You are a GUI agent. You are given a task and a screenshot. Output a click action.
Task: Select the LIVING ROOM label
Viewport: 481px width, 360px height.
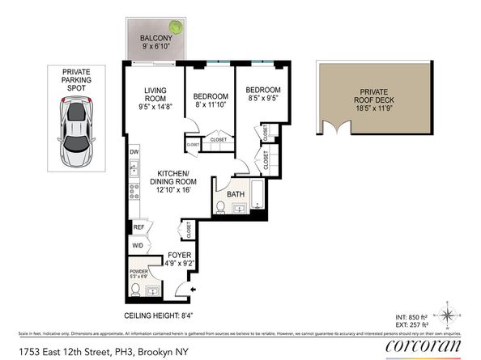tap(155, 95)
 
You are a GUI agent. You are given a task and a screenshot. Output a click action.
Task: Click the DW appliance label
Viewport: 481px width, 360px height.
tap(134, 152)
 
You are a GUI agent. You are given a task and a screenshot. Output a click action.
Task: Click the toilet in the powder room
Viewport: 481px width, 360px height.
tap(136, 288)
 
